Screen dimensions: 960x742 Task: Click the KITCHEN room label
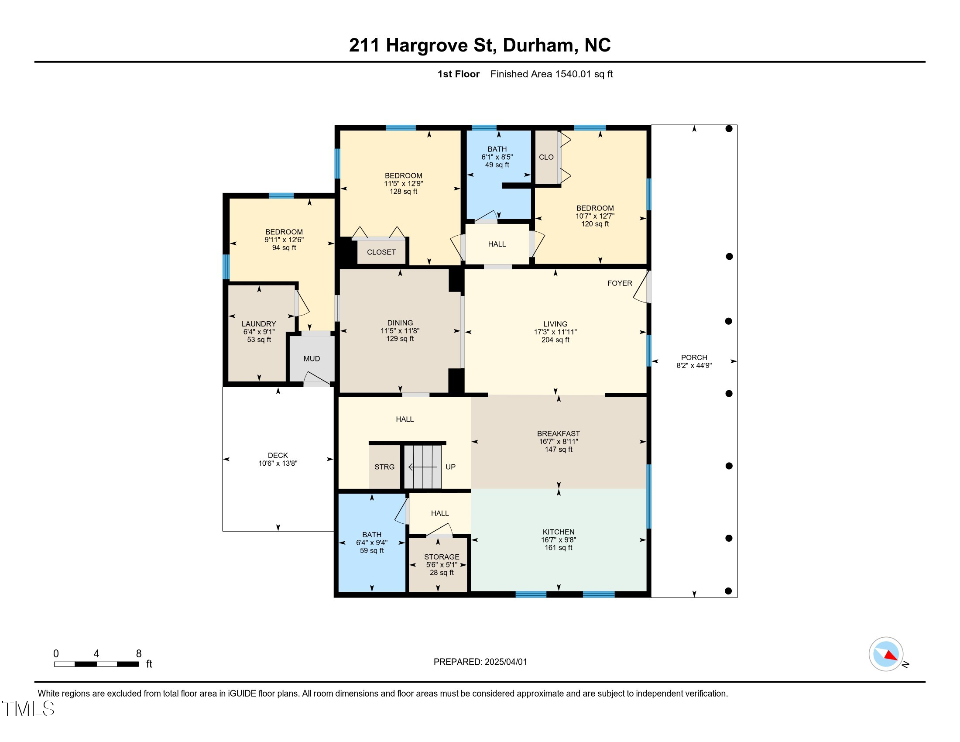558,532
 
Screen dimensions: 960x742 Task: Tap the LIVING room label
555,324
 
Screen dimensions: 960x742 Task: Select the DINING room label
400,323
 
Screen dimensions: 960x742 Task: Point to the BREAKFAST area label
558,433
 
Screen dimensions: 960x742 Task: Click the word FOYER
620,283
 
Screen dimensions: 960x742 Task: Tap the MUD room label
312,359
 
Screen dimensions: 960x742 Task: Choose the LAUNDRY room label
259,324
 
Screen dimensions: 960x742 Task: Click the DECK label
278,455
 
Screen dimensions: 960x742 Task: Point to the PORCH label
694,357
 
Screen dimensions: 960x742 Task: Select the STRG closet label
384,467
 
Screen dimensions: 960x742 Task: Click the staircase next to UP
423,467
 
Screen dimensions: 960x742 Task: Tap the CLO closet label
546,157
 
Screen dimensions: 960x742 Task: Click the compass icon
886,654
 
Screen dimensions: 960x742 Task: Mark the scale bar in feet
97,664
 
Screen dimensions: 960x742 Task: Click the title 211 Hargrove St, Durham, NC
480,45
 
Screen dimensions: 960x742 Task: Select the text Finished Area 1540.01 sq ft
552,74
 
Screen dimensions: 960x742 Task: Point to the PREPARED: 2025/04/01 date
480,662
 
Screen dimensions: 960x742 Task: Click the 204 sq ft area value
555,340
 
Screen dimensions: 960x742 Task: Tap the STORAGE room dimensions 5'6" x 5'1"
442,564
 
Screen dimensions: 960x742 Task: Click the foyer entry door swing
642,287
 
